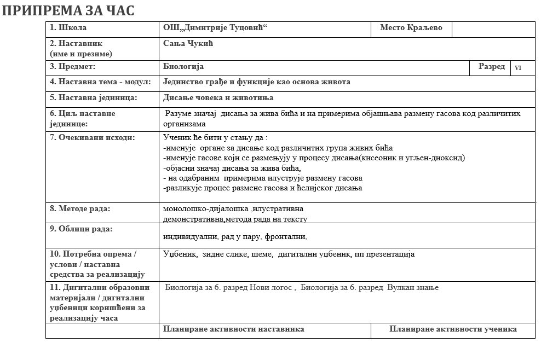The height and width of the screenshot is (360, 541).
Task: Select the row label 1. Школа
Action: point(68,27)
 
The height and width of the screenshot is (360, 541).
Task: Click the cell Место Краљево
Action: point(411,27)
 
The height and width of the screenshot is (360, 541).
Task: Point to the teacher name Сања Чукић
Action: point(188,43)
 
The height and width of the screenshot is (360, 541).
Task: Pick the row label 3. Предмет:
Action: point(73,66)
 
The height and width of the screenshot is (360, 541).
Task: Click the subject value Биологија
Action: point(183,66)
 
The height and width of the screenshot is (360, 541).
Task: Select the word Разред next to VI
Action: point(491,66)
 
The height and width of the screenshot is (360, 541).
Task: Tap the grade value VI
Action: point(517,67)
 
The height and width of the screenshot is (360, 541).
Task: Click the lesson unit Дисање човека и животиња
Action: point(218,97)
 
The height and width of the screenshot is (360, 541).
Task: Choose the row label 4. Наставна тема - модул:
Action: point(100,82)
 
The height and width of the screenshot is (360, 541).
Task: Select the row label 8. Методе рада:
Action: point(80,208)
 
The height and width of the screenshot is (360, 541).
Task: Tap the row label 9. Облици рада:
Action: point(81,229)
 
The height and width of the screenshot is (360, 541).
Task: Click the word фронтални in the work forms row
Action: point(286,237)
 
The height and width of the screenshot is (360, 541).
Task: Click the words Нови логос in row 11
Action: point(273,287)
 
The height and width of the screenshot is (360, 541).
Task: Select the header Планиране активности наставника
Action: point(234,329)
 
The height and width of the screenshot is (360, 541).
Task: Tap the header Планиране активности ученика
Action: point(453,329)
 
